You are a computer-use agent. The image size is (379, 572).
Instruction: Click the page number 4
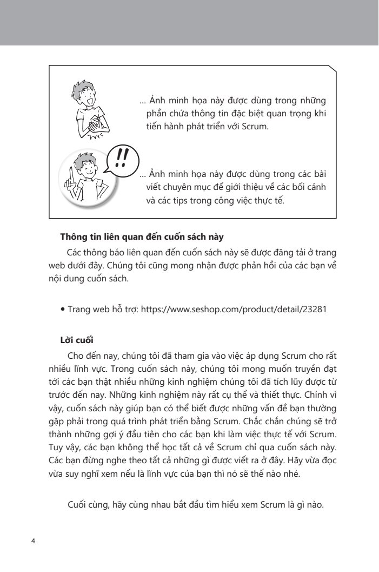34,541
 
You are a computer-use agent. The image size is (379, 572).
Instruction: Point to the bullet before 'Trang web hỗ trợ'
63,310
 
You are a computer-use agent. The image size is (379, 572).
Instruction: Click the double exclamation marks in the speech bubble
122,157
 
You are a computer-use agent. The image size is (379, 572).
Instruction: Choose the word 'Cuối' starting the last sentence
78,505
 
